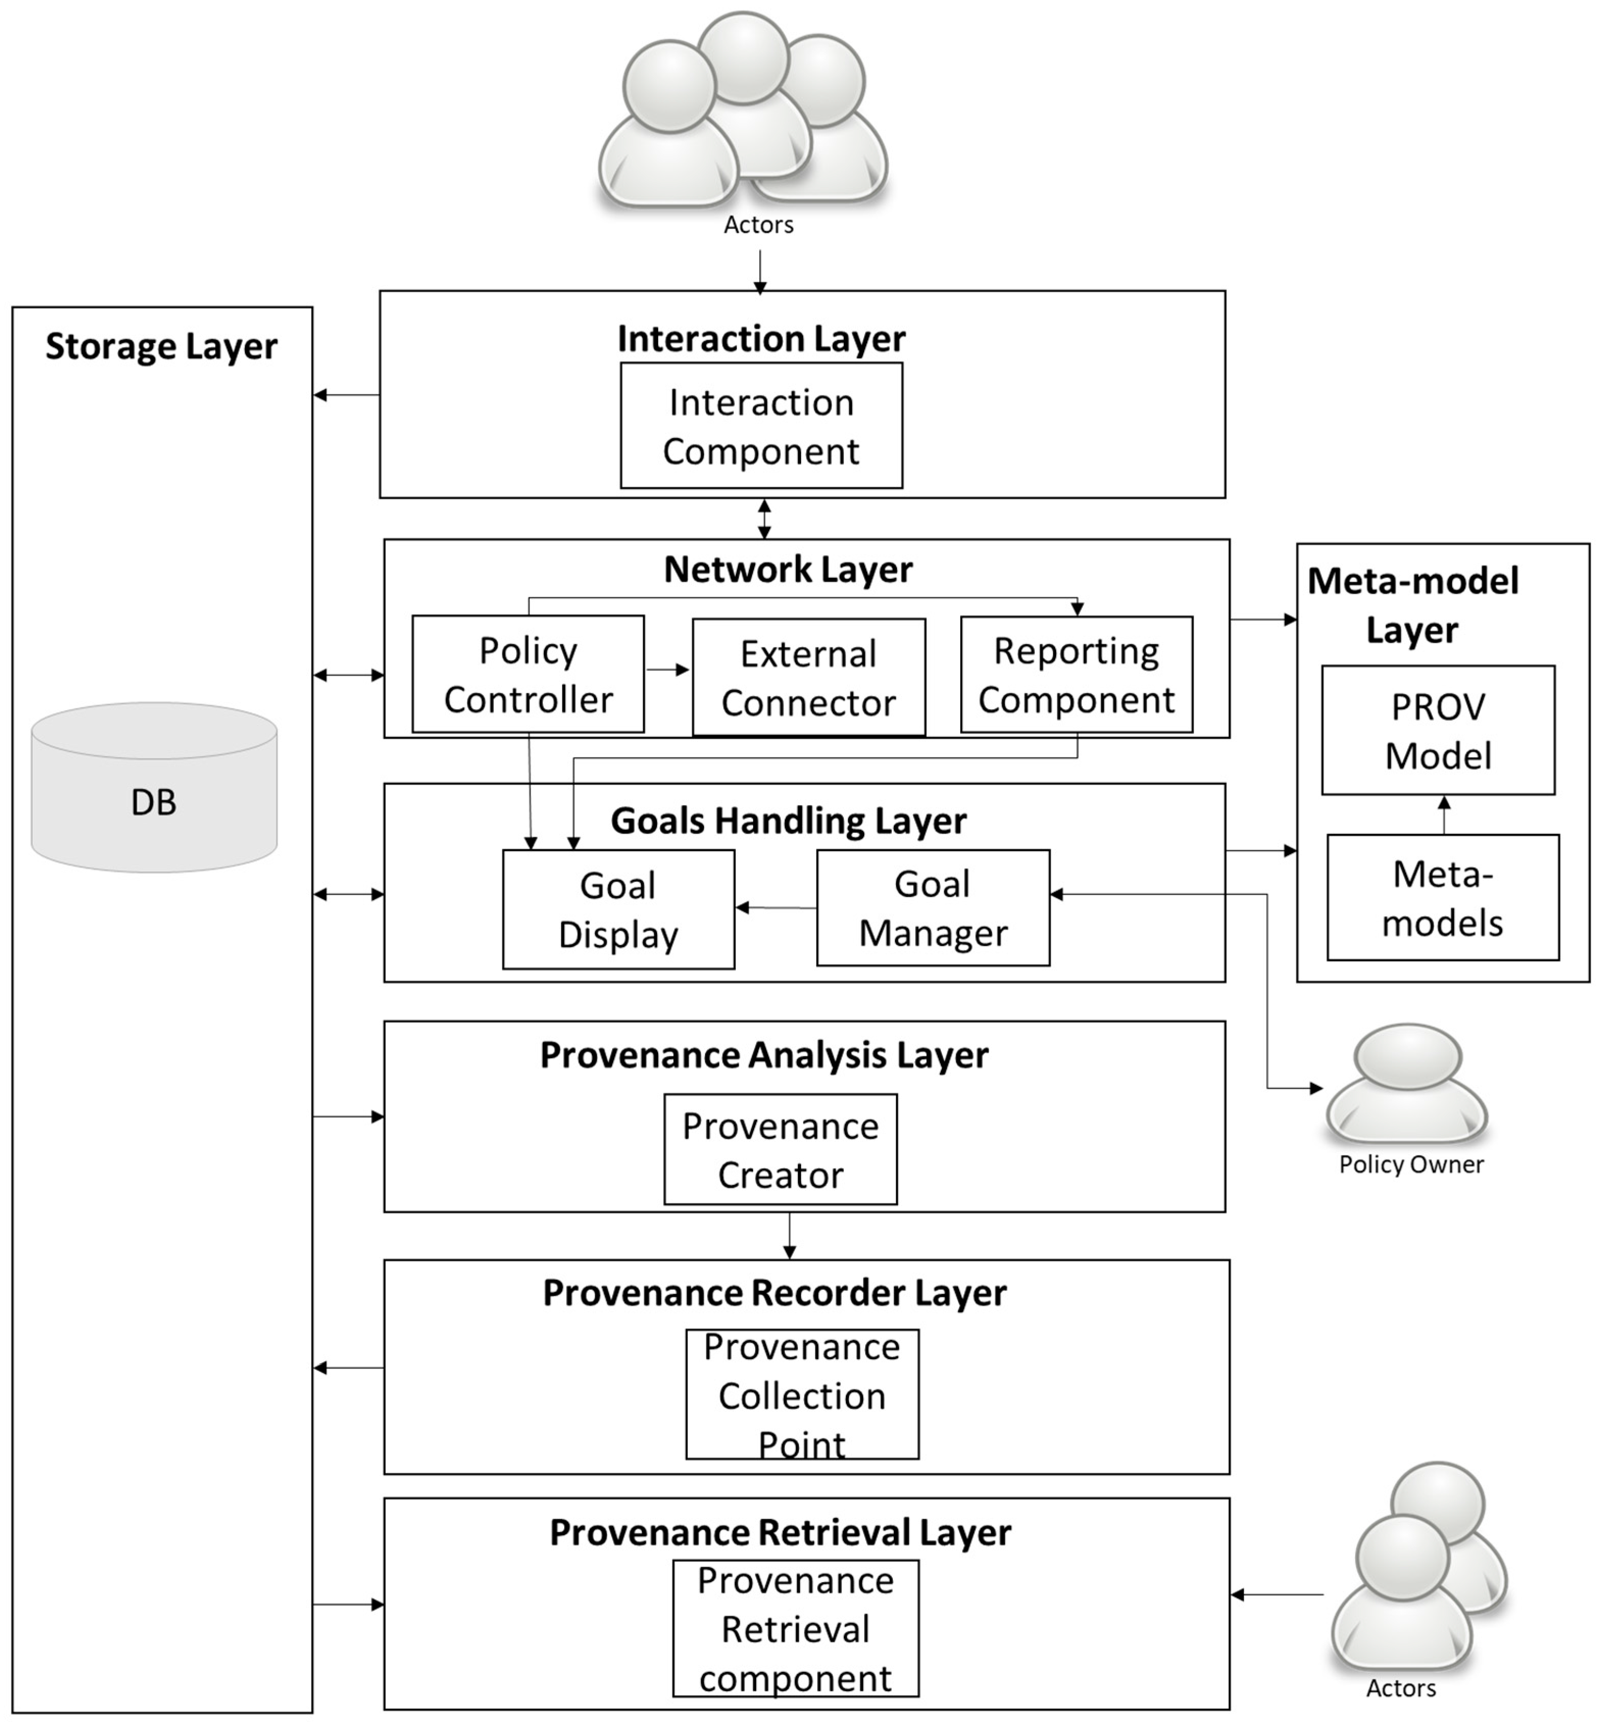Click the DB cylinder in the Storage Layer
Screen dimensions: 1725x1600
click(x=154, y=788)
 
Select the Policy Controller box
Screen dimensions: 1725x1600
click(x=528, y=674)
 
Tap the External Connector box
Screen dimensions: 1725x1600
click(x=809, y=678)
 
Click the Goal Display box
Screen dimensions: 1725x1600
click(x=618, y=909)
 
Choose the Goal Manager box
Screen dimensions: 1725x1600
click(x=933, y=908)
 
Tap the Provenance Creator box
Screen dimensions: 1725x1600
click(x=780, y=1150)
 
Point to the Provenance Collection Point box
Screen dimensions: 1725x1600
click(x=802, y=1394)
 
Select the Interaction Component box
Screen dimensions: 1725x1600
click(x=761, y=426)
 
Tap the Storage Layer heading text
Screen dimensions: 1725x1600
click(x=161, y=346)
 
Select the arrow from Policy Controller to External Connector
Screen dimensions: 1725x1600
click(x=667, y=670)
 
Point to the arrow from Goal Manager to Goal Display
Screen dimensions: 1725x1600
click(x=776, y=908)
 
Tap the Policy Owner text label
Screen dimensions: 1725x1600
click(x=1410, y=1164)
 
